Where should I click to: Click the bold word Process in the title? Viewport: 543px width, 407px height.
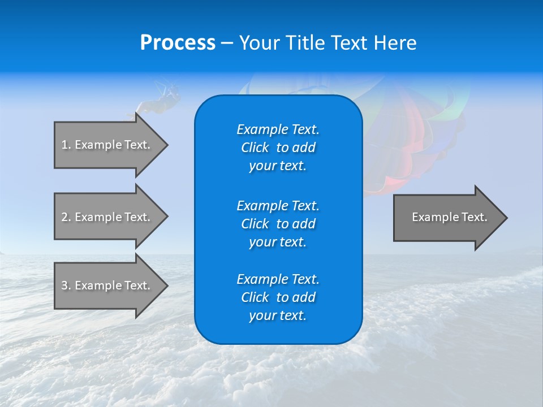178,43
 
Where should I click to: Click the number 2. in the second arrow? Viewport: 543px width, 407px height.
66,217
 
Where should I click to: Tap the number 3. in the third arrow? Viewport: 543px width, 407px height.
66,285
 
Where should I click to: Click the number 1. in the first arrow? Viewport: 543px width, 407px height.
66,145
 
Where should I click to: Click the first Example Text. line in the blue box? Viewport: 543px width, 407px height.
278,129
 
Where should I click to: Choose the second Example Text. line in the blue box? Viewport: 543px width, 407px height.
278,205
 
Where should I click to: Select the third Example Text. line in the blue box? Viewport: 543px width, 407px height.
278,279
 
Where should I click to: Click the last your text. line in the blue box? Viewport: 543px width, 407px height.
278,315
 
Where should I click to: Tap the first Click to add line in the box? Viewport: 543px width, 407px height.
278,148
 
